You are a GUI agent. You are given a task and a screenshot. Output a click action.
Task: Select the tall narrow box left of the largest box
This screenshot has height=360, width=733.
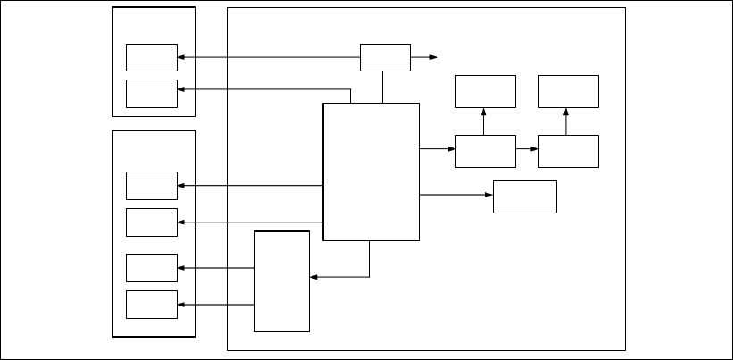coord(282,281)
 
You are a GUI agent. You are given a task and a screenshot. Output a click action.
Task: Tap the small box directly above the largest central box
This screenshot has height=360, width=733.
coord(385,57)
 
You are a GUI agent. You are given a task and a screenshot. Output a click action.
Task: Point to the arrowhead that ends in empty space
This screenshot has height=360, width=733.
coord(435,57)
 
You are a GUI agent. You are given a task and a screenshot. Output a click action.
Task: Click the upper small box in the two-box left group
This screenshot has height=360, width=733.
coord(152,57)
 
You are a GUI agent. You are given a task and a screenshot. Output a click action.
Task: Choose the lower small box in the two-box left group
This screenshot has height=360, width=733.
coord(152,93)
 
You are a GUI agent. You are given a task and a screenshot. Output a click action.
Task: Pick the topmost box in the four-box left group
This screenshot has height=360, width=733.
coord(152,186)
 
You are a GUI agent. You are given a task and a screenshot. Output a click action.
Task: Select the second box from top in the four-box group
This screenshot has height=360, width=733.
coord(152,222)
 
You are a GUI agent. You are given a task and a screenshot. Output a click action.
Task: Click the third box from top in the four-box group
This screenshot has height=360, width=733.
coord(152,268)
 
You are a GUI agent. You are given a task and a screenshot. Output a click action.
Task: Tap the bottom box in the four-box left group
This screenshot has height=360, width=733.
coord(152,304)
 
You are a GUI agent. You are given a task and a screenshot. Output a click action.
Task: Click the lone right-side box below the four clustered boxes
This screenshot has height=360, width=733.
coord(525,197)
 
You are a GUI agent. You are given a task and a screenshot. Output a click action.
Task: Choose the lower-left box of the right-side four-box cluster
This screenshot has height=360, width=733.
coord(486,151)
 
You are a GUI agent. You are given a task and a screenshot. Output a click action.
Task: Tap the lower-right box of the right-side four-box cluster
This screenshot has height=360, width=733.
coord(569,151)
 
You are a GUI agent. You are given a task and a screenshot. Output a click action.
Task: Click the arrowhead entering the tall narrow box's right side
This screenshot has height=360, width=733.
coord(313,277)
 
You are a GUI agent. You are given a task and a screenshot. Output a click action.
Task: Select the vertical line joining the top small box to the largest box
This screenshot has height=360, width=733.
coord(383,87)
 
